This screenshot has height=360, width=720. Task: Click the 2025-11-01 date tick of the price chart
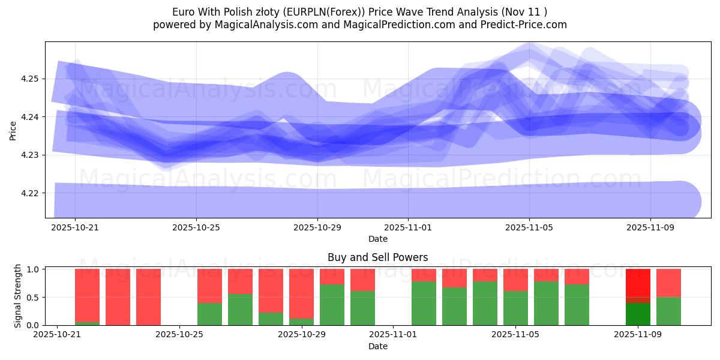click(x=408, y=228)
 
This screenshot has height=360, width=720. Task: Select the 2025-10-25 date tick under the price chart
click(x=196, y=228)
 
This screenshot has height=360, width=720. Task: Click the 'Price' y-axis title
click(x=13, y=130)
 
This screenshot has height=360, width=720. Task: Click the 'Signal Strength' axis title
click(x=18, y=295)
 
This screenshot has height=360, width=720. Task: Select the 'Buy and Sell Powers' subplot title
click(x=377, y=257)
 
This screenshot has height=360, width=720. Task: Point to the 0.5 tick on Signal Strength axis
click(x=34, y=298)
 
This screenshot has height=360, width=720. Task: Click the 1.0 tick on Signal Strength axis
click(x=34, y=269)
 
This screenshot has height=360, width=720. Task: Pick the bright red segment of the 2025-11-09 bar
click(x=638, y=282)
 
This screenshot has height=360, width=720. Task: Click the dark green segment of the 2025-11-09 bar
click(x=638, y=314)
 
